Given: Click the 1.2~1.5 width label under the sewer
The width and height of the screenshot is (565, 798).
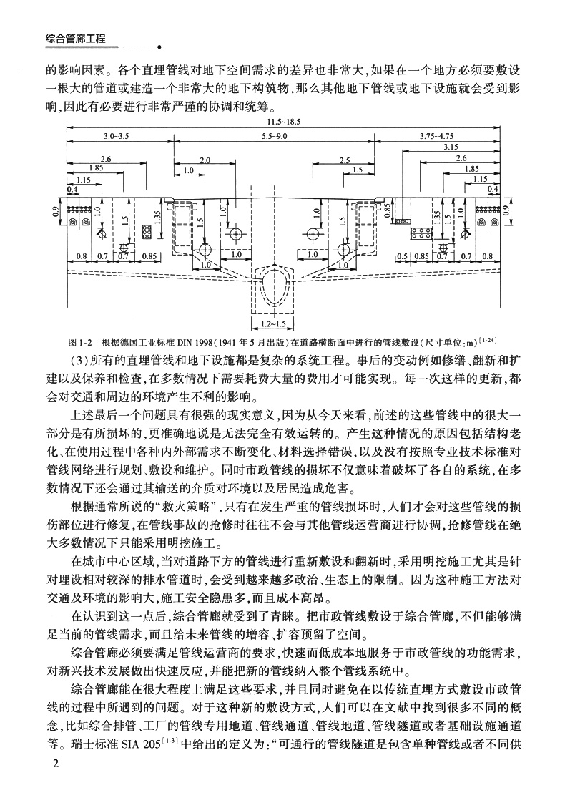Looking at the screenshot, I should pos(272,323).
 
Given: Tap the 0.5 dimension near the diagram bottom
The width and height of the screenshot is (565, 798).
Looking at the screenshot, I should pos(402,256).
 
